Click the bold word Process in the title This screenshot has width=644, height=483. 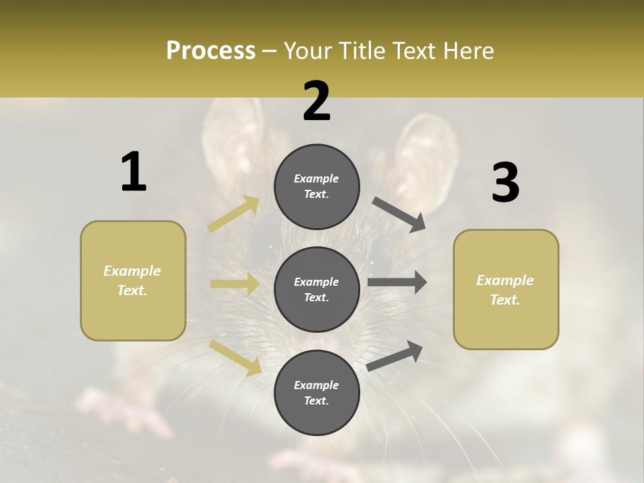pyautogui.click(x=211, y=50)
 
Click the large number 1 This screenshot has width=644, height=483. pyautogui.click(x=133, y=172)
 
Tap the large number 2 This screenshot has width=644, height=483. pyautogui.click(x=317, y=101)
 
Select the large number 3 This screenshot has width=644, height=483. pyautogui.click(x=505, y=182)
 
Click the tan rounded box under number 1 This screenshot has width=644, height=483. pyautogui.click(x=133, y=280)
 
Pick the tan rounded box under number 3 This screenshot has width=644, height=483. pyautogui.click(x=506, y=289)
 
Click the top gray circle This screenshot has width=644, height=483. pyautogui.click(x=317, y=186)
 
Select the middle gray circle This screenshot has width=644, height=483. pyautogui.click(x=317, y=289)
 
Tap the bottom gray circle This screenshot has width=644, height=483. pyautogui.click(x=317, y=392)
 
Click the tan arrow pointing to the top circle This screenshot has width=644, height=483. pyautogui.click(x=233, y=214)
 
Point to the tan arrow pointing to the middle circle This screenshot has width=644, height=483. pyautogui.click(x=235, y=284)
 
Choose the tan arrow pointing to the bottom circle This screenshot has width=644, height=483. pyautogui.click(x=235, y=357)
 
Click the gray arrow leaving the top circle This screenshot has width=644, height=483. pyautogui.click(x=400, y=215)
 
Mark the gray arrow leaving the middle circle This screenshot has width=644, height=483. pyautogui.click(x=396, y=282)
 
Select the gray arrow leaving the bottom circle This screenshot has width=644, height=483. pyautogui.click(x=395, y=356)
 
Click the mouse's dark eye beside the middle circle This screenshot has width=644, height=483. pyautogui.click(x=381, y=258)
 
